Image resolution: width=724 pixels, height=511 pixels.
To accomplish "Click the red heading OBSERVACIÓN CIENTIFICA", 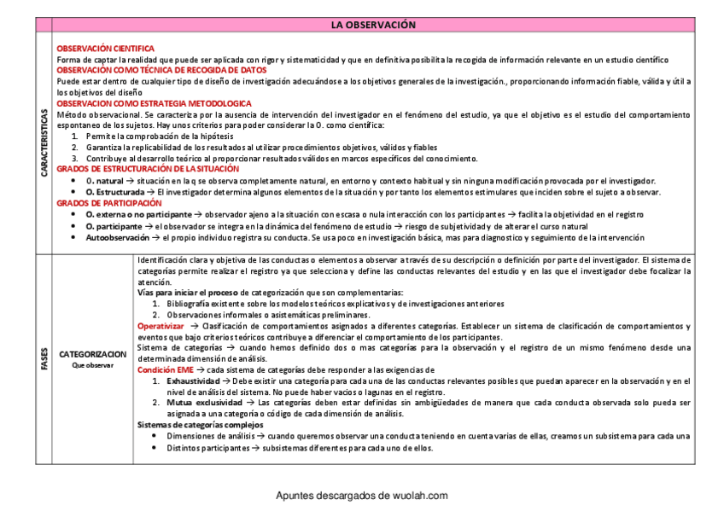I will pos(105,49).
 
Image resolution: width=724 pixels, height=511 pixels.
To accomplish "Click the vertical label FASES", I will pos(44,359).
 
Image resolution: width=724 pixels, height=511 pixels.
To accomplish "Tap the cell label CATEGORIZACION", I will pos(92,353).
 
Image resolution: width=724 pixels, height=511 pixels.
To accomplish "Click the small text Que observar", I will pos(92,365).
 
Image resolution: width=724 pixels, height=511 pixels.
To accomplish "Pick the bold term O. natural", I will pos(104,181).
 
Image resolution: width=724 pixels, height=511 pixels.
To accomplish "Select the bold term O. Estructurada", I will pos(114,192).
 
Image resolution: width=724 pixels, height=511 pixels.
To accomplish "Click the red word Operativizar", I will pos(161,326).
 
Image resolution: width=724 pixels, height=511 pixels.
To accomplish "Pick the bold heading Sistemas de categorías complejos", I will pos(200,425).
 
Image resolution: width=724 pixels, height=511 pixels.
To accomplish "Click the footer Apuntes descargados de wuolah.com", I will pos(361,496).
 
